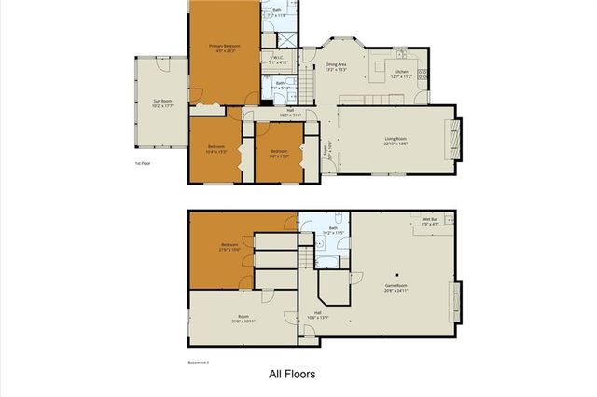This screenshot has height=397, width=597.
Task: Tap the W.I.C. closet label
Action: [279, 59]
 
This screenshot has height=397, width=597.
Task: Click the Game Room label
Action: [397, 289]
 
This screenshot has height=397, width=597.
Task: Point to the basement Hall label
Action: [317, 314]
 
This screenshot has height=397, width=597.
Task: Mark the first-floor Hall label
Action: [290, 113]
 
